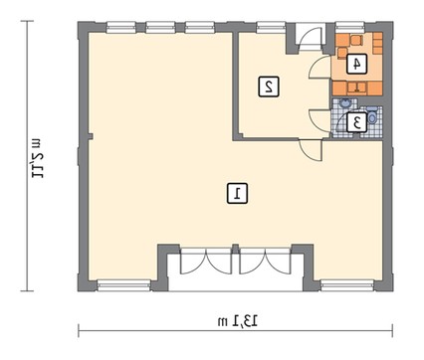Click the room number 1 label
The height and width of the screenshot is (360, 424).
click(237, 193)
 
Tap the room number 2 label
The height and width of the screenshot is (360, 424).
click(269, 87)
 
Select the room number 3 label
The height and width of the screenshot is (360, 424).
click(357, 122)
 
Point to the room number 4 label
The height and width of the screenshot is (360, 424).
click(356, 64)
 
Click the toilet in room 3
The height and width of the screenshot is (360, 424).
click(372, 115)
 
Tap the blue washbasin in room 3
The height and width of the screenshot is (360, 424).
click(345, 103)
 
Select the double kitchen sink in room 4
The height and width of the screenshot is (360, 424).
click(356, 88)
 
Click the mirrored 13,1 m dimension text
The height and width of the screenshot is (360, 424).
click(238, 321)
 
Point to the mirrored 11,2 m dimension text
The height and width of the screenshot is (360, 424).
click(37, 158)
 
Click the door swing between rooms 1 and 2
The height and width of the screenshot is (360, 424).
click(311, 150)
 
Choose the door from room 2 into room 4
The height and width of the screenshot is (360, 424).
click(319, 68)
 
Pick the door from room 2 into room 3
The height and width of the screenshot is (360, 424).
click(319, 121)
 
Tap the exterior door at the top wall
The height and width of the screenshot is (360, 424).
click(310, 38)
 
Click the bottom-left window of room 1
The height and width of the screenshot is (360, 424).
click(123, 285)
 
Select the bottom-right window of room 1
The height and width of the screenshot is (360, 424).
click(347, 285)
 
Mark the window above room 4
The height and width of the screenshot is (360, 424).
click(350, 27)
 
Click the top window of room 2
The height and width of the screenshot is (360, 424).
click(271, 27)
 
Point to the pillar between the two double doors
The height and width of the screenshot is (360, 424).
click(236, 249)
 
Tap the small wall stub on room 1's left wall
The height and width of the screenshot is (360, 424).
click(91, 136)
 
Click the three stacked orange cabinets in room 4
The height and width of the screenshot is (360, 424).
click(377, 43)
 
